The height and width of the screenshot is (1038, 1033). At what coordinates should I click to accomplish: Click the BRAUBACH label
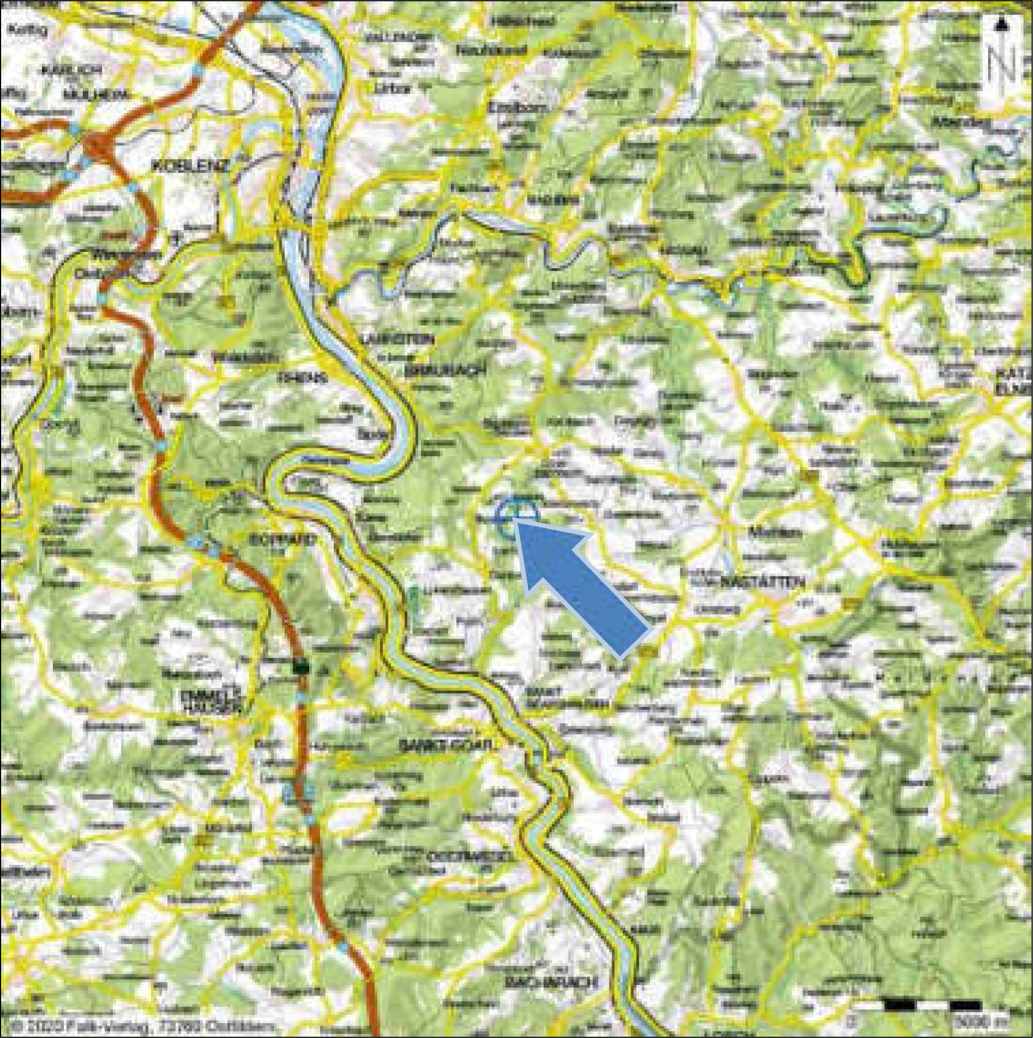coord(445,371)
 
